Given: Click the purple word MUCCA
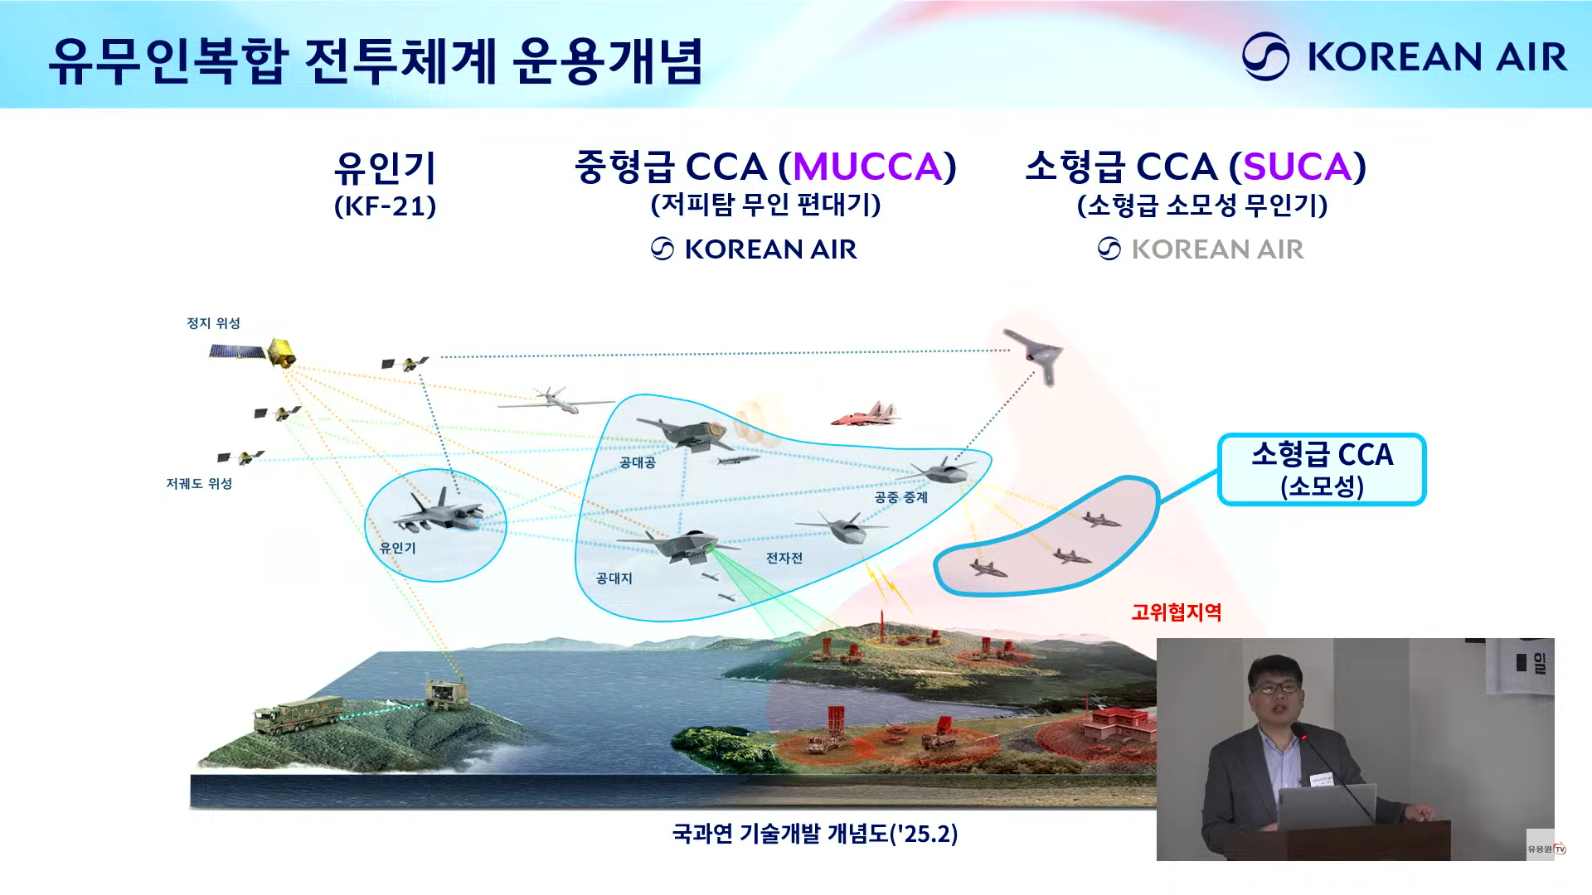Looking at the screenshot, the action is (x=867, y=167).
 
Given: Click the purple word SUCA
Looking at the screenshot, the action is (x=1298, y=167).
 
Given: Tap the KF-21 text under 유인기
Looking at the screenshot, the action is (x=385, y=206).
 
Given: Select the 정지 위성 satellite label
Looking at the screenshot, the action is (x=213, y=323).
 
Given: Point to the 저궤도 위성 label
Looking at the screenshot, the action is (x=199, y=483).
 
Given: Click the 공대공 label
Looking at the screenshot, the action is (x=638, y=462).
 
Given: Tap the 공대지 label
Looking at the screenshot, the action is (x=614, y=578).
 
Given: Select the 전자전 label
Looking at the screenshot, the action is (x=784, y=558).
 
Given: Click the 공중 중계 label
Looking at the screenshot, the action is (x=900, y=497).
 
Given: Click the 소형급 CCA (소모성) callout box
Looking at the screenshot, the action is (x=1322, y=469).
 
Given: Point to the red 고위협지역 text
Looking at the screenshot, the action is (x=1177, y=612).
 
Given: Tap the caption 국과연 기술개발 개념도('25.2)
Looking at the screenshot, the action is (x=815, y=833).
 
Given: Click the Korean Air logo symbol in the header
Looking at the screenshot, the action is (x=1265, y=56).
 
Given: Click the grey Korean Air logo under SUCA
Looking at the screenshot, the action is (x=1201, y=249).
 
